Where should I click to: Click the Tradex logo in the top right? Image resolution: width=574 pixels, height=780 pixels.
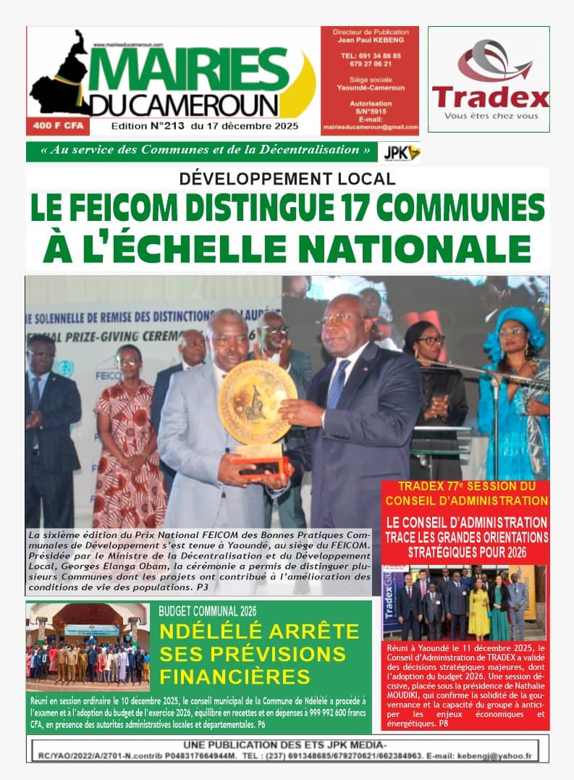coord(489,80)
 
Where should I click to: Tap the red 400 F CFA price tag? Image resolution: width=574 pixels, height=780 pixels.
coord(55,126)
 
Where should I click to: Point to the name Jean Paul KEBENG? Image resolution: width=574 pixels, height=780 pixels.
coord(369,41)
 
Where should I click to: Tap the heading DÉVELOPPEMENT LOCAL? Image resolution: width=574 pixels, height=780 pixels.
coord(287,178)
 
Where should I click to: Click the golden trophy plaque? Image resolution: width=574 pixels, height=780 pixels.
coord(257,395)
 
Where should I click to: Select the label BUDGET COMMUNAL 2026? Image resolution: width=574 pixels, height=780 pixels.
coord(207,611)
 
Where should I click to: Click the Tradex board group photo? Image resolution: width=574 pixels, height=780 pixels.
coord(463,603)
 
